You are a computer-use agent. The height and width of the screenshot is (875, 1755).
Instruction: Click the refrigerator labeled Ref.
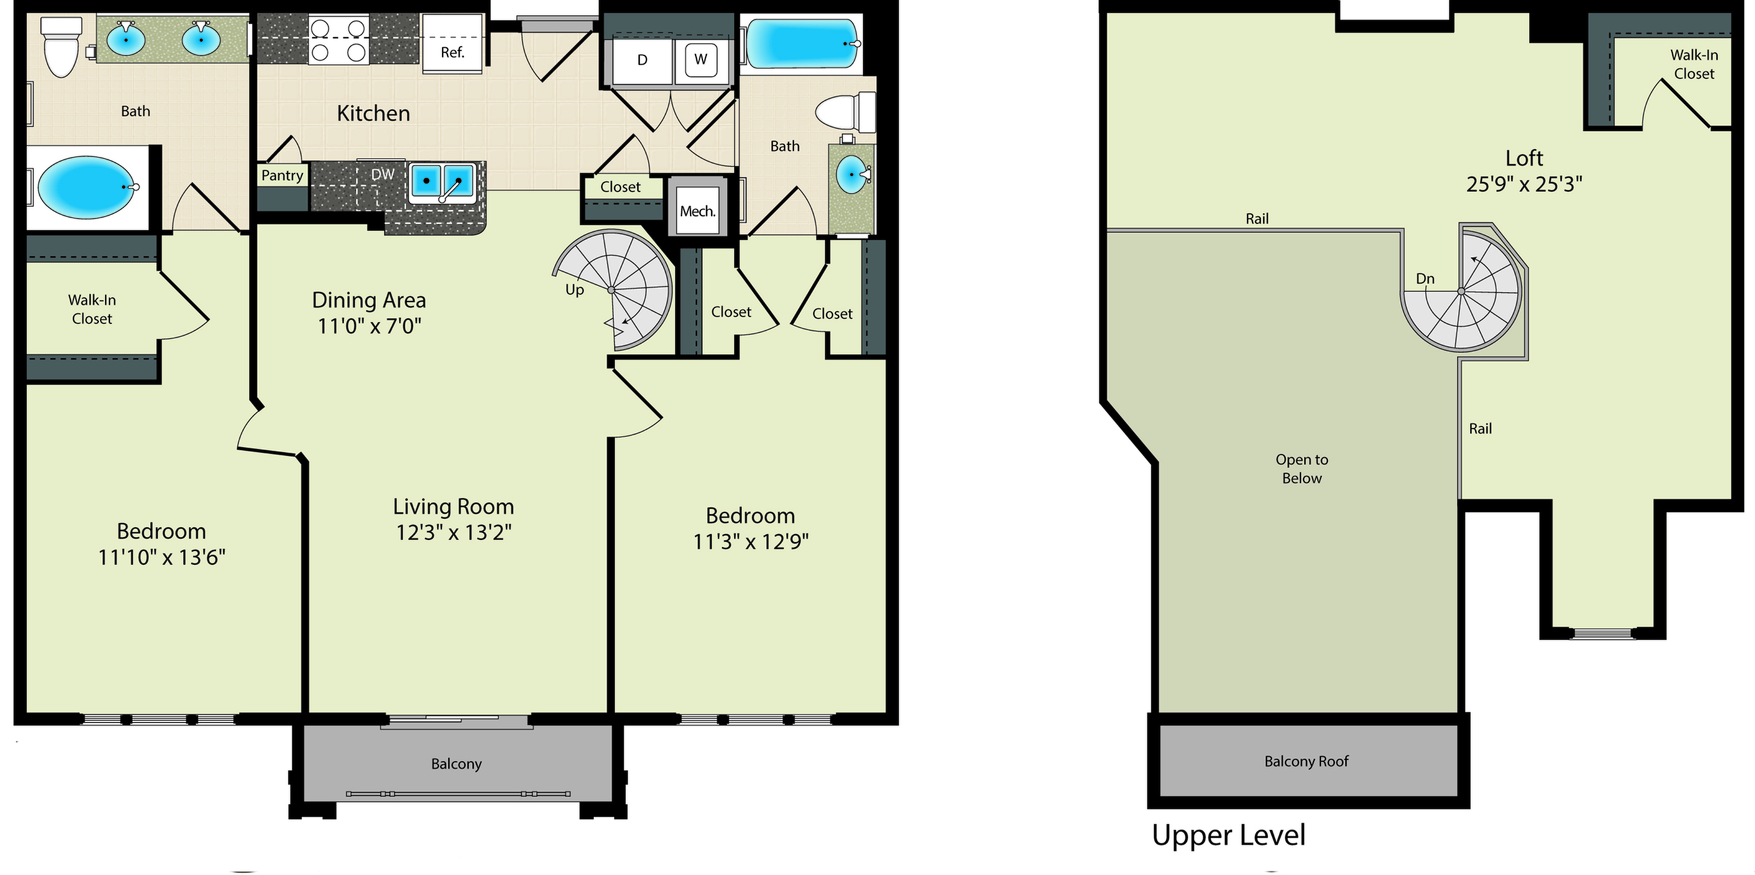click(453, 42)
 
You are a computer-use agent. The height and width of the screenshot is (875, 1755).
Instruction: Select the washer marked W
click(701, 60)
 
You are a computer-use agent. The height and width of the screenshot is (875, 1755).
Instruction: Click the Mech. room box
click(698, 211)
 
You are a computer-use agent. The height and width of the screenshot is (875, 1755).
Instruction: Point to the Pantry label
click(282, 175)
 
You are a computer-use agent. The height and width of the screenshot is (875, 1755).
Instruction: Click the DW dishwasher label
click(383, 175)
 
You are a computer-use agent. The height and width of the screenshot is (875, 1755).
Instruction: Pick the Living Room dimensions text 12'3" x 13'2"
click(454, 532)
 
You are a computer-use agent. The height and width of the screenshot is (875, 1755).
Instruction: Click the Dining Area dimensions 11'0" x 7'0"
click(369, 326)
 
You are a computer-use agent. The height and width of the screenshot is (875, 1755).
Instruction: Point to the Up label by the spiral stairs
click(574, 290)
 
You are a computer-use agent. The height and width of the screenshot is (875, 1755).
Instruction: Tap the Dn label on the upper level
click(1424, 278)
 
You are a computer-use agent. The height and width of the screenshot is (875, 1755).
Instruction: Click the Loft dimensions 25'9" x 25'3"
click(1524, 184)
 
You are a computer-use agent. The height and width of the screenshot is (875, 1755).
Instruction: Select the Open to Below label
click(1302, 469)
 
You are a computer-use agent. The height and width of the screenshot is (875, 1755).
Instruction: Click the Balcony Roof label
click(1306, 761)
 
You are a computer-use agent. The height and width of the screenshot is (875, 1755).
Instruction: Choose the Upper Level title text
click(1228, 835)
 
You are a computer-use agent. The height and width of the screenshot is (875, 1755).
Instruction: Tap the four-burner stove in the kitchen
click(339, 40)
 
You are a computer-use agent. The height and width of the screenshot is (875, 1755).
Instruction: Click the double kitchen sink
click(442, 183)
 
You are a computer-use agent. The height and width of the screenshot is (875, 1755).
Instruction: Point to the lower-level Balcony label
click(456, 764)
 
